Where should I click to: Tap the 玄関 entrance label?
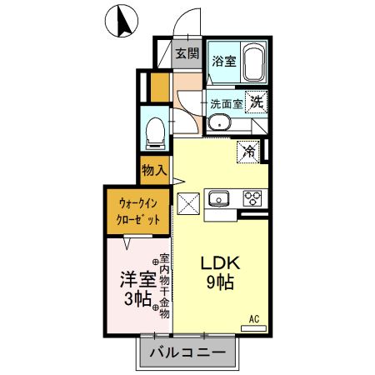coord(187,54)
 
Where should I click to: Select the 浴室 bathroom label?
coord(222,60)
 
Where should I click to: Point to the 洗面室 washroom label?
coord(226,104)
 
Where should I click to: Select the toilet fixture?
coord(154,130)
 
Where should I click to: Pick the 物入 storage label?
coord(155,171)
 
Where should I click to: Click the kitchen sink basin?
coord(221,198)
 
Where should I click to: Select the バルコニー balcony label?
coord(187,353)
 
